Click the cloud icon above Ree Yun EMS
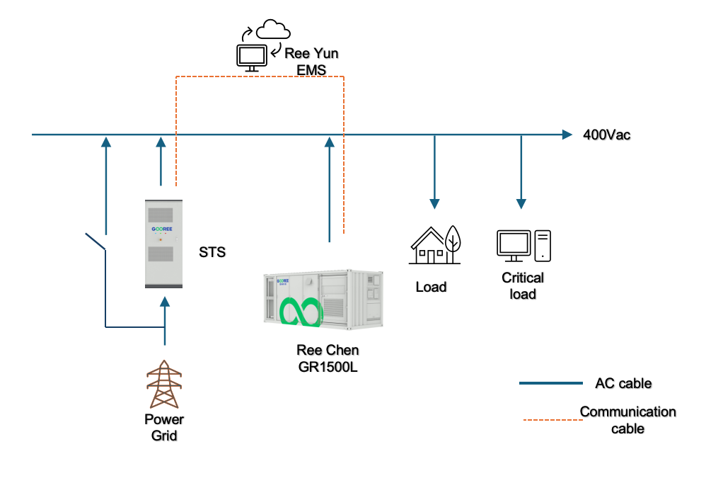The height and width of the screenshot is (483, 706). (x=273, y=30)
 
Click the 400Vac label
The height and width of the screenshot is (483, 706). (x=606, y=135)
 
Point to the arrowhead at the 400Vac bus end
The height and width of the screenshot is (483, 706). (x=566, y=135)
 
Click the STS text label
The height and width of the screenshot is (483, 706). (x=212, y=251)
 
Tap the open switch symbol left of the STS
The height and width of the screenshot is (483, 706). (x=96, y=241)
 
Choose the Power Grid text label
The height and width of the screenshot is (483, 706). (x=164, y=427)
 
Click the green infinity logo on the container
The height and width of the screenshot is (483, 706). (x=301, y=312)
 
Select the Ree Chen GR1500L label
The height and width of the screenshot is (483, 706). (x=328, y=358)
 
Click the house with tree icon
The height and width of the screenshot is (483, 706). (x=435, y=245)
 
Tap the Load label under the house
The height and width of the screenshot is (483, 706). (x=431, y=287)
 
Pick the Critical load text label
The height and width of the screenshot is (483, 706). (x=523, y=285)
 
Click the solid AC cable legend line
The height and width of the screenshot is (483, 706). (x=551, y=383)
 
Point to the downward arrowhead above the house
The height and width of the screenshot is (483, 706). (x=434, y=204)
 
